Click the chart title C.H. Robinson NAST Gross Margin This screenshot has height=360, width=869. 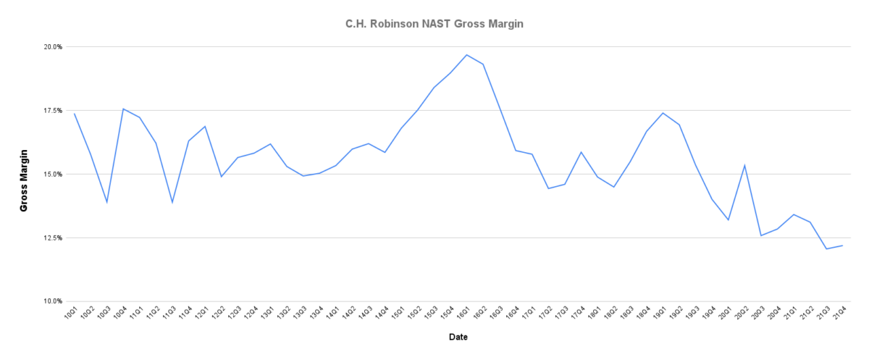[434, 24]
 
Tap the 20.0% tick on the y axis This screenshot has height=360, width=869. [53, 46]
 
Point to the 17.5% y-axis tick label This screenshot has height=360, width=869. [53, 110]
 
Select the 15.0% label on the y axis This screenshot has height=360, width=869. [53, 174]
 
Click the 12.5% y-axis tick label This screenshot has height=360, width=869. [53, 238]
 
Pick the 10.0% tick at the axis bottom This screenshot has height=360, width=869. [53, 301]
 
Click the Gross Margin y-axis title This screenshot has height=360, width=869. [24, 180]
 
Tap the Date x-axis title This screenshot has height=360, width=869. [458, 337]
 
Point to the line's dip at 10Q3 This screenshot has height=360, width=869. [107, 202]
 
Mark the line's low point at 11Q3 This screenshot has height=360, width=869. [172, 203]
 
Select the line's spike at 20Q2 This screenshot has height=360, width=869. [744, 165]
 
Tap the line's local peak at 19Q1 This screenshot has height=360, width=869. [663, 112]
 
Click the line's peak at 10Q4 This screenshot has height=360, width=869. [123, 109]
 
